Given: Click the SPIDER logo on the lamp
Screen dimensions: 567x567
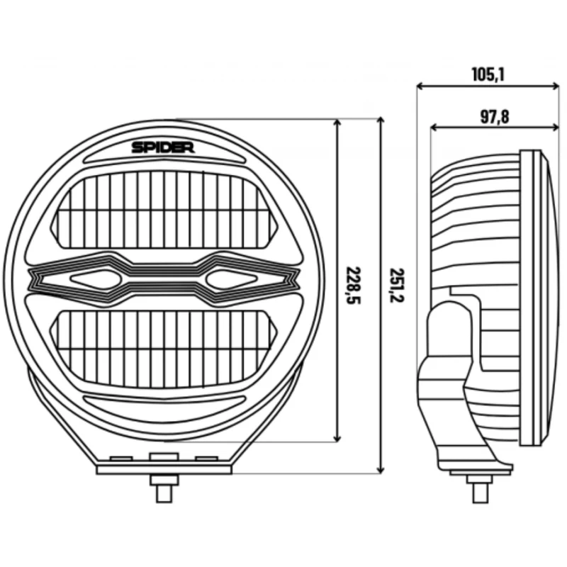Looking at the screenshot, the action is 163,147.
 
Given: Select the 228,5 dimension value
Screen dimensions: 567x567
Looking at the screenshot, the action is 354,286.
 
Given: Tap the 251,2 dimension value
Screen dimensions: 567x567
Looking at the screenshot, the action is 397,286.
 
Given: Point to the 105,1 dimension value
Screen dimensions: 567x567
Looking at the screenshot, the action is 488,74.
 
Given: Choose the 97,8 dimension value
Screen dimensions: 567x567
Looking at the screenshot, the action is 494,117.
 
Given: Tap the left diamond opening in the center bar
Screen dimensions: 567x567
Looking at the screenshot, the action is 96,279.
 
